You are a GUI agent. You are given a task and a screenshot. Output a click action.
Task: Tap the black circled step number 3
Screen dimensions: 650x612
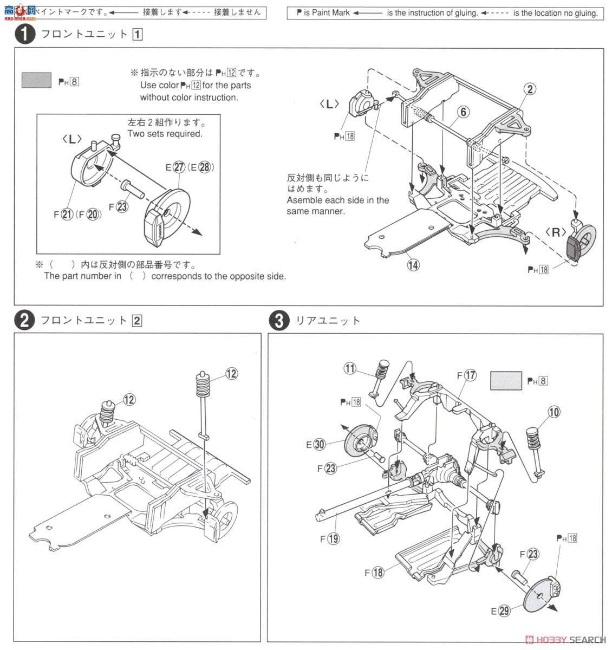[x=278, y=321]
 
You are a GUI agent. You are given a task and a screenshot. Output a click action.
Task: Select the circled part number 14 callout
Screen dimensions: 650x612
[x=414, y=265]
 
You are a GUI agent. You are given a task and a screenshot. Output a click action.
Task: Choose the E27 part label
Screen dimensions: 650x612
[x=175, y=167]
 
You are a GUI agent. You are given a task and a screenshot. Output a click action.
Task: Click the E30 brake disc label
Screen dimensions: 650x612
[x=315, y=445]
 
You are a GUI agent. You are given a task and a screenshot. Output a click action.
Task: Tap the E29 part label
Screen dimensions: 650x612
[x=500, y=611]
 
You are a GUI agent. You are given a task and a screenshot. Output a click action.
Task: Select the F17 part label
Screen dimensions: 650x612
[x=466, y=374]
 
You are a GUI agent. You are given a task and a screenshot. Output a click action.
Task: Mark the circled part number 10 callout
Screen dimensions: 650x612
[x=554, y=412]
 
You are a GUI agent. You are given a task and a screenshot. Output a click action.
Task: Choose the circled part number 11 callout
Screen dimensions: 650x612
[x=350, y=368]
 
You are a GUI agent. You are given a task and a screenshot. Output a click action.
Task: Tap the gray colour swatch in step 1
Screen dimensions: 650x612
[x=36, y=80]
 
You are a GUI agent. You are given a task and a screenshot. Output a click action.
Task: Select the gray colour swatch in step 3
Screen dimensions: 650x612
[x=506, y=380]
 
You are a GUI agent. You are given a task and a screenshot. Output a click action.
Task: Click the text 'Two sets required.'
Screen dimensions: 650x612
[x=165, y=134]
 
